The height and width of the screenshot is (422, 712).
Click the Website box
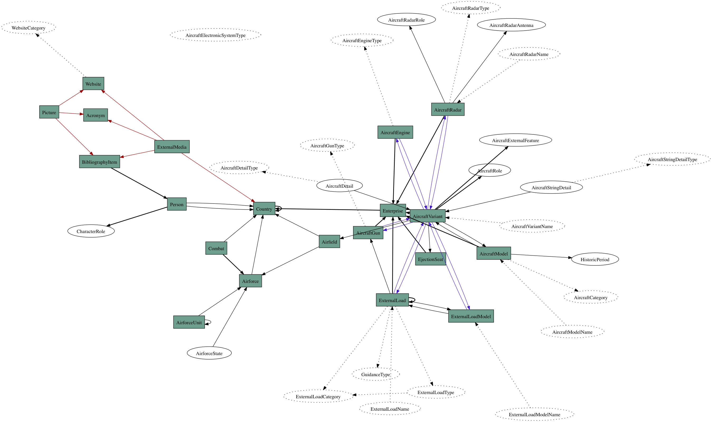93,84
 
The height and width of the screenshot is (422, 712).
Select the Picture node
49,112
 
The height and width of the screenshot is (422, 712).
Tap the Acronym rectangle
95,115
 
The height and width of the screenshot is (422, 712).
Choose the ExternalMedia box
172,147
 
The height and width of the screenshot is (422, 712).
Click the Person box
177,204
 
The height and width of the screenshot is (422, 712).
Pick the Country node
264,209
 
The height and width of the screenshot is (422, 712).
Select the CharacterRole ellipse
91,231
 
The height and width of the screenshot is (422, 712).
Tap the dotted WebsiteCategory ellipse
28,28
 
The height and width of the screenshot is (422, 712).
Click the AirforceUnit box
189,322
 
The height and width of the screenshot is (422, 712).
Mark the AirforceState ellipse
209,353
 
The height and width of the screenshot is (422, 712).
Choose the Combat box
216,248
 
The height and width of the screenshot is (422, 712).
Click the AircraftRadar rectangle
448,109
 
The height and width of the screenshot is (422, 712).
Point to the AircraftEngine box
395,132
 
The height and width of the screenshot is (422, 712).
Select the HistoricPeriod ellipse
595,259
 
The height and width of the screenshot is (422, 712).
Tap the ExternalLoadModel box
471,316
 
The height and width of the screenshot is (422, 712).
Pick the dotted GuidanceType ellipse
376,374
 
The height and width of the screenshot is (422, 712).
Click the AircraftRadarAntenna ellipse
511,25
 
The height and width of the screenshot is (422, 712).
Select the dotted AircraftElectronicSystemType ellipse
215,35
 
